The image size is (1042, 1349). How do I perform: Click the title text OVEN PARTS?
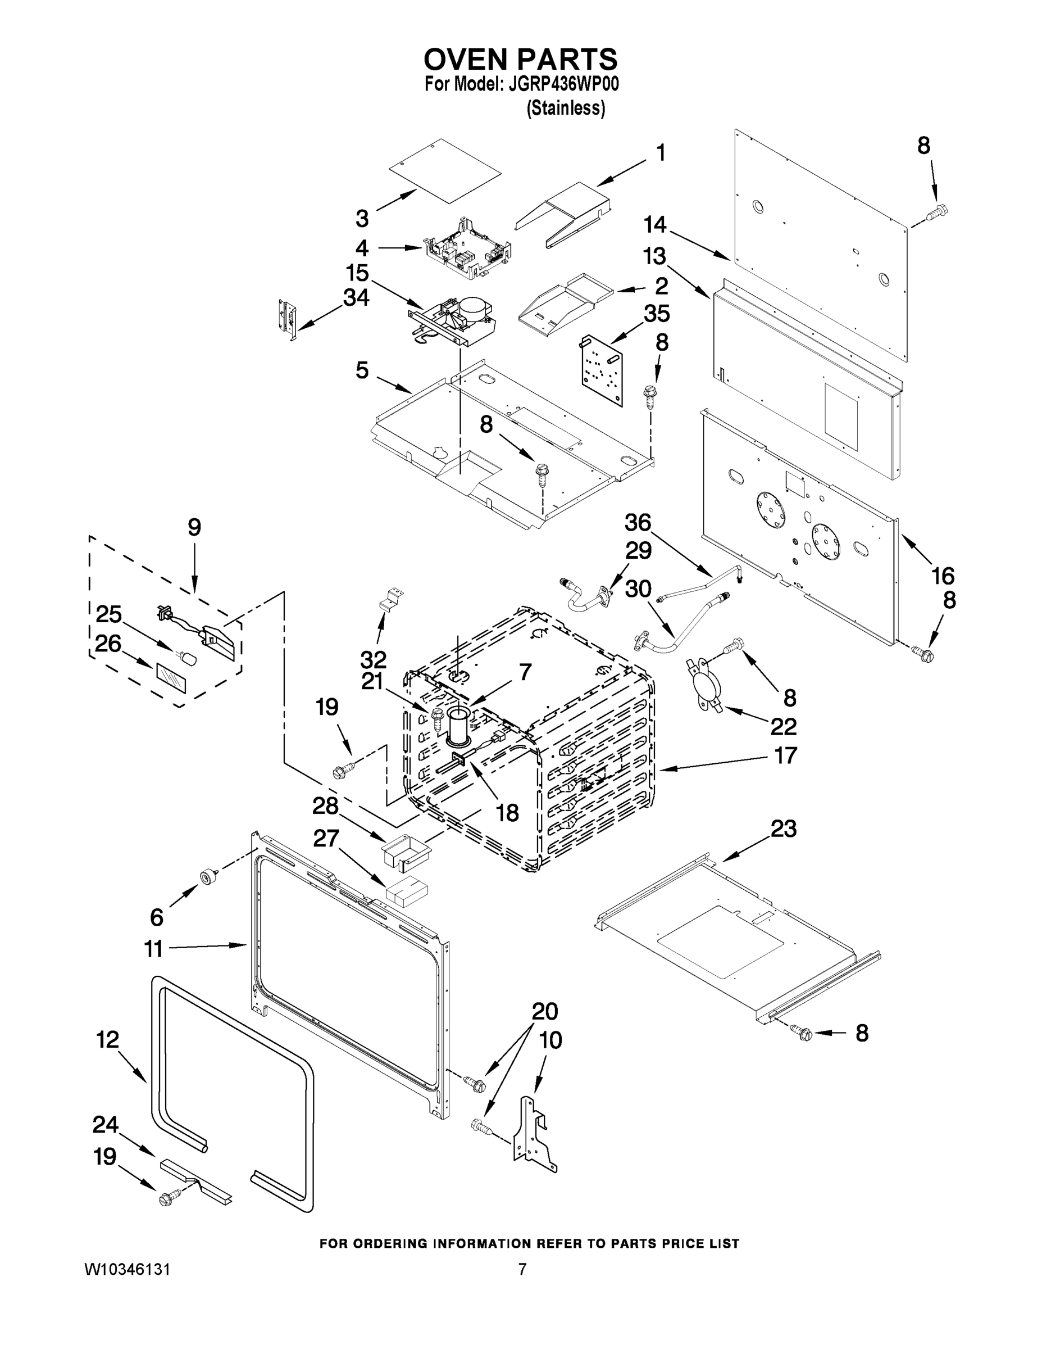520,59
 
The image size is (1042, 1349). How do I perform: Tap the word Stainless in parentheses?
566,108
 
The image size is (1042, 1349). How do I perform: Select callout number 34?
356,298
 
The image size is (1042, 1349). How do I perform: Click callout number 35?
657,313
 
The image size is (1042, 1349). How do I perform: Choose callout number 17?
785,755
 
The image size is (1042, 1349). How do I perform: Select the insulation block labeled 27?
407,893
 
